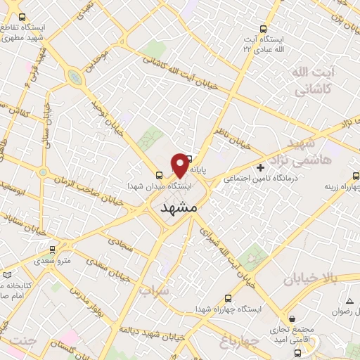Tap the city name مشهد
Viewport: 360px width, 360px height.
point(180,208)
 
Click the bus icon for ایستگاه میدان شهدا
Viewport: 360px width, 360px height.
point(159,176)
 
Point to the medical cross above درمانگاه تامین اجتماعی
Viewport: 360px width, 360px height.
point(261,167)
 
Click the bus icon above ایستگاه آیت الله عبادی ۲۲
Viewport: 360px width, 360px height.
point(264,29)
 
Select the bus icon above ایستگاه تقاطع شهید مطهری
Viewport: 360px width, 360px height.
point(22,17)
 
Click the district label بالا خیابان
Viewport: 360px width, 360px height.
point(310,279)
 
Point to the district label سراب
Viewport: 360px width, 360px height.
point(154,290)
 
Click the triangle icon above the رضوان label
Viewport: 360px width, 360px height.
point(349,301)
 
